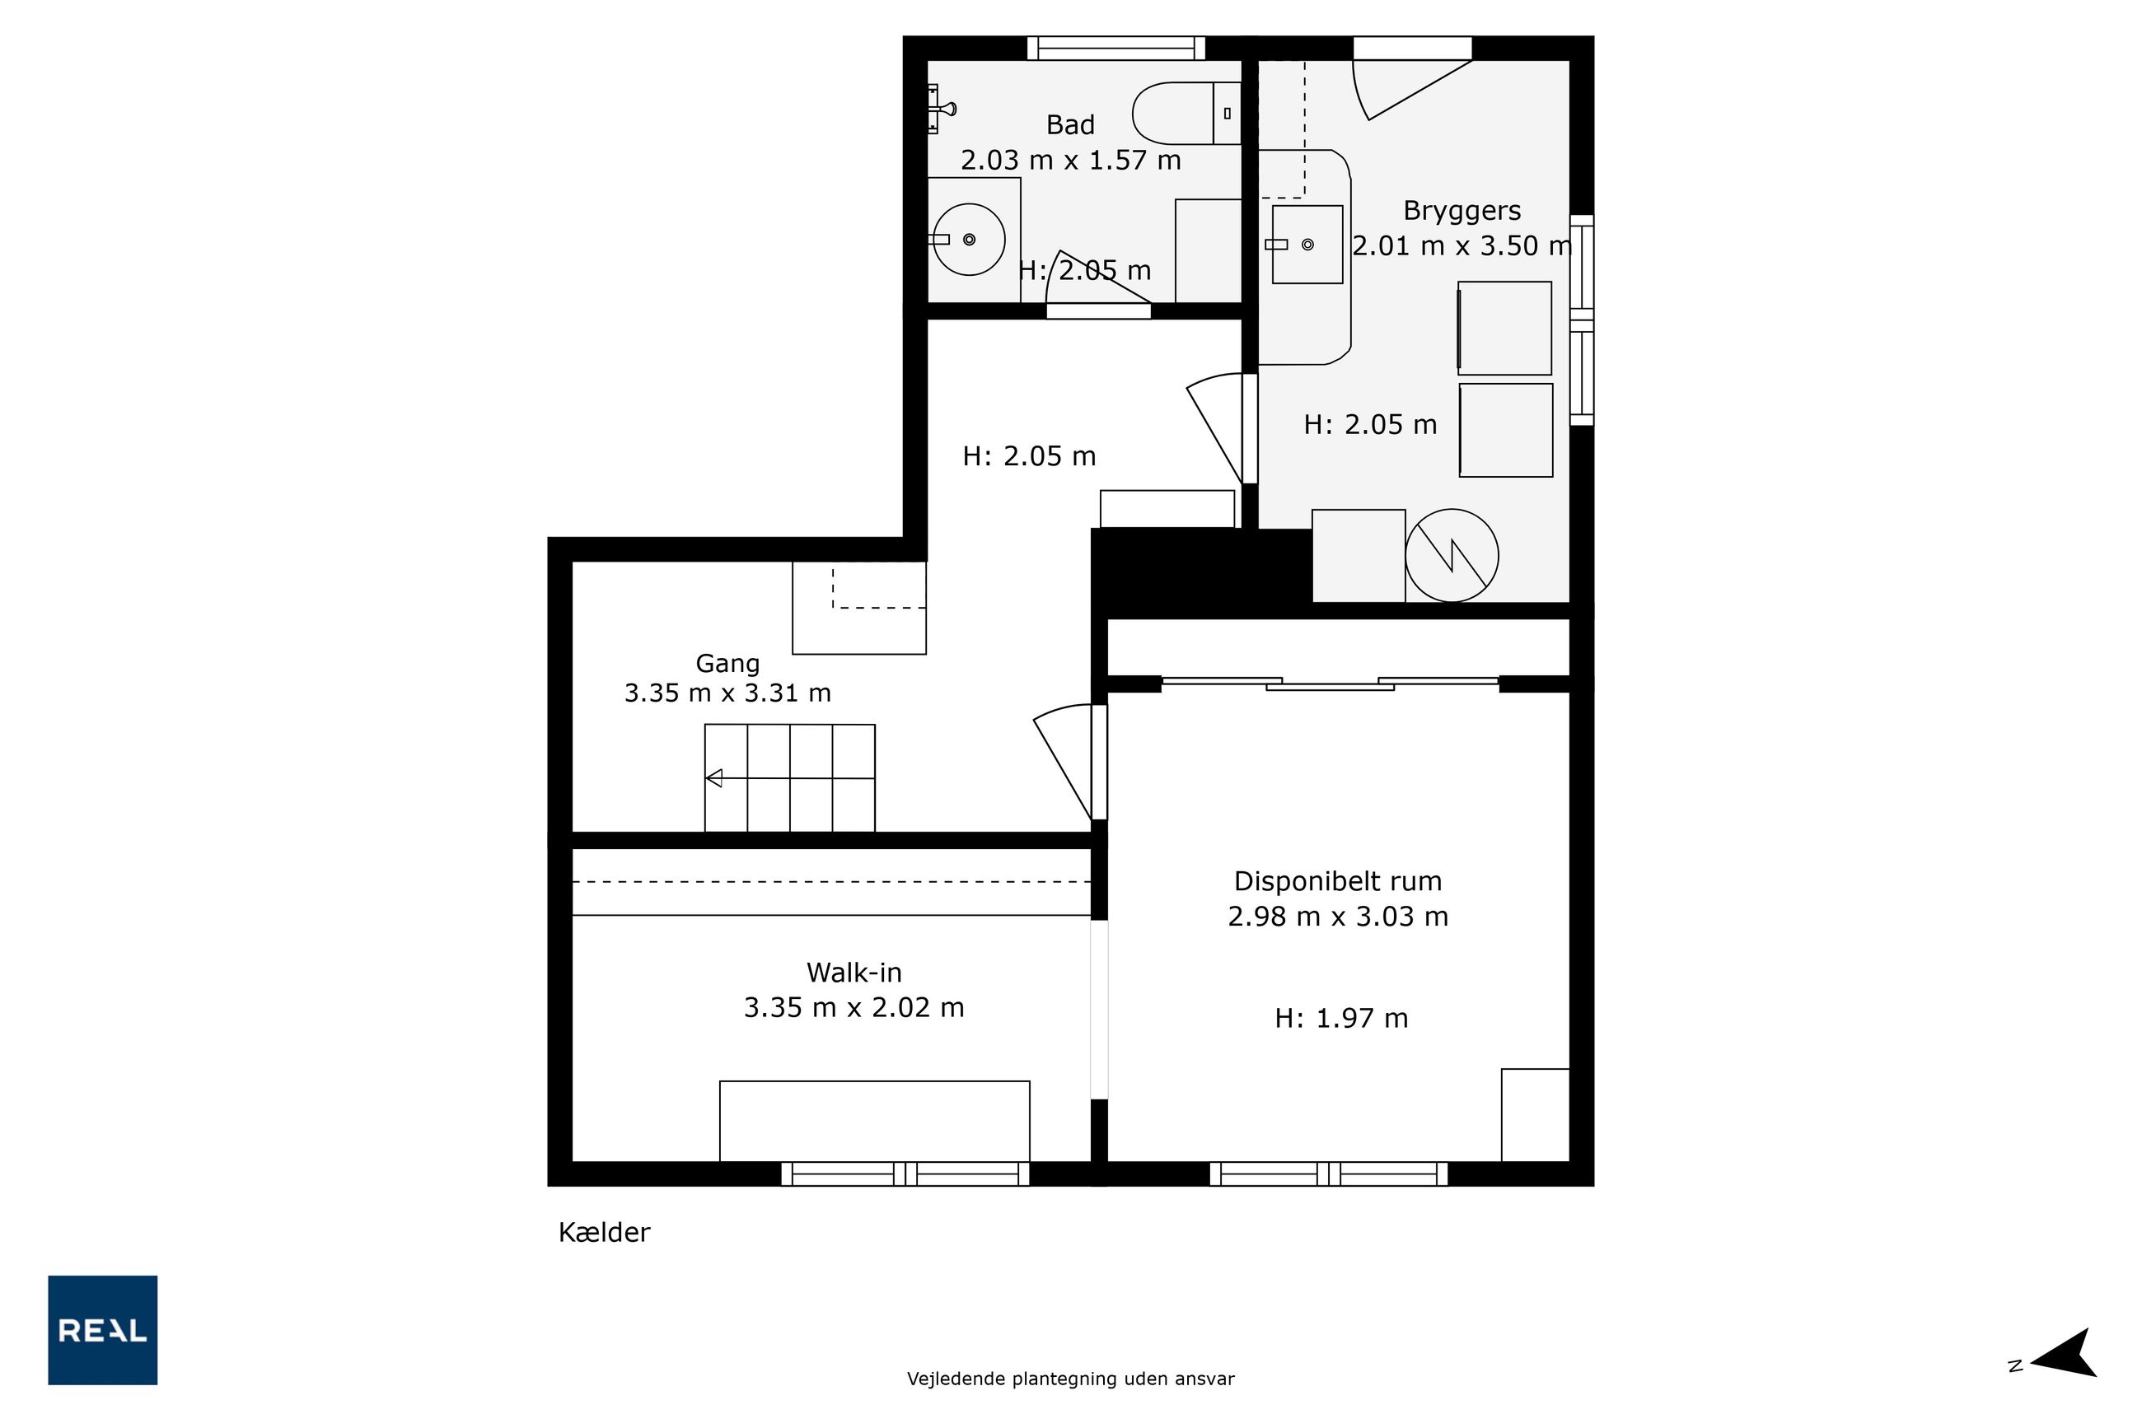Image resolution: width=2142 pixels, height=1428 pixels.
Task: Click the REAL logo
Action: pyautogui.click(x=102, y=1330)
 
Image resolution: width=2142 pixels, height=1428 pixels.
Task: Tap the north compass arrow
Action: pyautogui.click(x=2065, y=1365)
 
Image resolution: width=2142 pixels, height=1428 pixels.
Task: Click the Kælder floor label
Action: pyautogui.click(x=604, y=1233)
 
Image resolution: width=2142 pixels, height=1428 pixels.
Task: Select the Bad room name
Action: pyautogui.click(x=1069, y=125)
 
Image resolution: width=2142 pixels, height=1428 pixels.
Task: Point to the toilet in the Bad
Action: pyautogui.click(x=1186, y=113)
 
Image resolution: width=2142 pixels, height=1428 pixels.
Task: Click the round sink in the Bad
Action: pyautogui.click(x=970, y=240)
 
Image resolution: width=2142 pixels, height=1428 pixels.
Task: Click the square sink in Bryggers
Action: pyautogui.click(x=1307, y=244)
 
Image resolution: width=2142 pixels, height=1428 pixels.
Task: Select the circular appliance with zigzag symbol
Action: pyautogui.click(x=1452, y=556)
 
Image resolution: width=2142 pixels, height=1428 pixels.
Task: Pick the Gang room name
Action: pyautogui.click(x=727, y=664)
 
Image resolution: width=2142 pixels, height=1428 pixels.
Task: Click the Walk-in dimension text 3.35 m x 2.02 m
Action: pyautogui.click(x=854, y=1007)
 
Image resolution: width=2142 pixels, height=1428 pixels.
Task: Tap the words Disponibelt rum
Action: pyautogui.click(x=1337, y=881)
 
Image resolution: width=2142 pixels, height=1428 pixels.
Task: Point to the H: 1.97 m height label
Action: pyautogui.click(x=1341, y=1018)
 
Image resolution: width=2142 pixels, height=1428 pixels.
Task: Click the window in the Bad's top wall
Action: pyautogui.click(x=1116, y=49)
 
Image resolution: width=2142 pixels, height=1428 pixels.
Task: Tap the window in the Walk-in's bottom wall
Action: pyautogui.click(x=905, y=1174)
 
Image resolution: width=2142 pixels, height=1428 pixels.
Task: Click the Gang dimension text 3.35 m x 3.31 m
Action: pyautogui.click(x=727, y=693)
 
